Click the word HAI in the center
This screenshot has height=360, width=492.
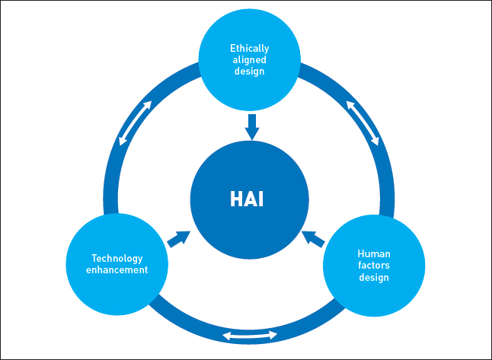[x=247, y=199]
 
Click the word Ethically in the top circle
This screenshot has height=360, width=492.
[x=250, y=49]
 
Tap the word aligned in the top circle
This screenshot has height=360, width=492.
[x=250, y=59]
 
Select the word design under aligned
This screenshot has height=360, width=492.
[x=250, y=71]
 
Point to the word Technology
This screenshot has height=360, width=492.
[x=117, y=259]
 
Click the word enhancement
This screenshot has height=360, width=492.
[x=117, y=269]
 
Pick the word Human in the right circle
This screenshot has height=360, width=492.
[x=374, y=253]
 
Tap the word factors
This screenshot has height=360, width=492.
[x=374, y=266]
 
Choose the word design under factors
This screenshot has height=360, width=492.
[x=374, y=277]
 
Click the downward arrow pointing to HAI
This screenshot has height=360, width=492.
[x=252, y=126]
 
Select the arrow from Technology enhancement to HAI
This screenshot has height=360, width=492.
[x=179, y=239]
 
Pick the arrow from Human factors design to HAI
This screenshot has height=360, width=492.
[x=313, y=239]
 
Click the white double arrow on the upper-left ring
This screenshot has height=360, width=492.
[x=136, y=123]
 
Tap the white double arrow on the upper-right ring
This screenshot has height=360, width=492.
[x=363, y=123]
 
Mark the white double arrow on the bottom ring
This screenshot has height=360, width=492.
[x=250, y=336]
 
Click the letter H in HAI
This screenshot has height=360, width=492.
[x=236, y=199]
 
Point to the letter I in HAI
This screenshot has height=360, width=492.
[x=261, y=199]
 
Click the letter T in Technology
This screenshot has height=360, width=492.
[x=94, y=258]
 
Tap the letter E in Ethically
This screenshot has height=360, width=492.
[x=232, y=48]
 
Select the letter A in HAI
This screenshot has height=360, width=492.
[x=251, y=199]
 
